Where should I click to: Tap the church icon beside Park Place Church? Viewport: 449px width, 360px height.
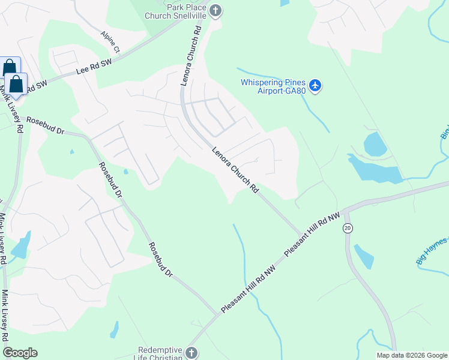(x=215, y=10)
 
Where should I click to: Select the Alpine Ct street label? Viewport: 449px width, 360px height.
(x=111, y=41)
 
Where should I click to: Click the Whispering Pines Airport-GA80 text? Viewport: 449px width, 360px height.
(x=273, y=86)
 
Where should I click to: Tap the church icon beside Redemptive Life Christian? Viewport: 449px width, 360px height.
(x=191, y=353)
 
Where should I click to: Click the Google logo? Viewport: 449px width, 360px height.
(x=20, y=353)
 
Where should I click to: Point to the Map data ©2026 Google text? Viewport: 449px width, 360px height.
(x=411, y=355)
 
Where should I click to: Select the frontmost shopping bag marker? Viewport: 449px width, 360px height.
(x=16, y=85)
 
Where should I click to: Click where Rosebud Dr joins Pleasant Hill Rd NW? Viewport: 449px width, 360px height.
(x=217, y=314)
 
